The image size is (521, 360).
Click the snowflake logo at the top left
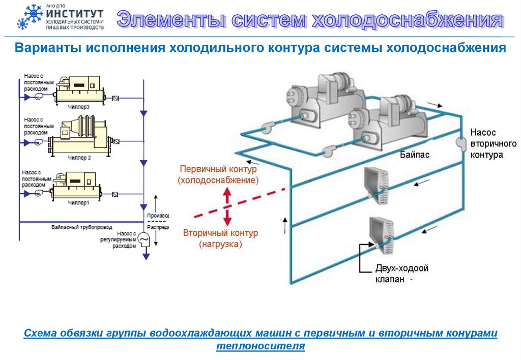[x=29, y=17]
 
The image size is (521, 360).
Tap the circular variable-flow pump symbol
[x=144, y=238]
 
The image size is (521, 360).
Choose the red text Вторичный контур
[x=220, y=233]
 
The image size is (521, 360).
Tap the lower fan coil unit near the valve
[x=382, y=235]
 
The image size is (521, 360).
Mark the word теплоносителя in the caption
[x=260, y=346]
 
